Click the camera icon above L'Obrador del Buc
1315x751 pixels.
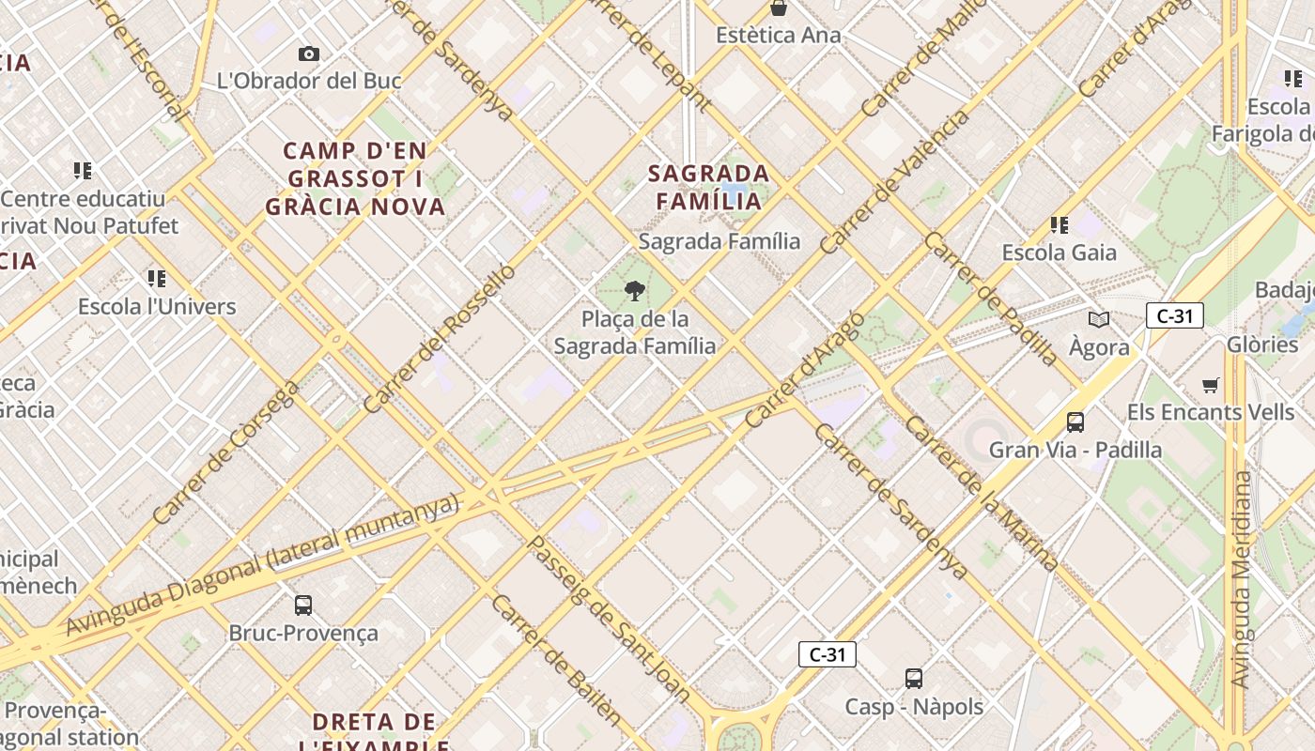[x=309, y=54]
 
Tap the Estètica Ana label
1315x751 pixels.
[x=778, y=35]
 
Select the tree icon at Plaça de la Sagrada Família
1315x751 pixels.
[x=635, y=290]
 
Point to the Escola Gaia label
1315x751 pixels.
[x=1059, y=253]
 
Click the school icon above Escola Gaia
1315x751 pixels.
[x=1060, y=225]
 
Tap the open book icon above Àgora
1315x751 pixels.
[x=1098, y=319]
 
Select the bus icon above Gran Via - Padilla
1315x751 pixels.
[x=1075, y=422]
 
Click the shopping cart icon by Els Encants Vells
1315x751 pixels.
[x=1211, y=385]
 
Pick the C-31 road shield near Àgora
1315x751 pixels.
[x=1174, y=315]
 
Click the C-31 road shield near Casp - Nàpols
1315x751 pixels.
[x=827, y=654]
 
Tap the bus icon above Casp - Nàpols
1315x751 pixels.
[x=914, y=679]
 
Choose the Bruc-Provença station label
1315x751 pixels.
[x=303, y=633]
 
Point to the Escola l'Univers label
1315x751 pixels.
[x=157, y=306]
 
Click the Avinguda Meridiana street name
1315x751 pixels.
[x=1242, y=579]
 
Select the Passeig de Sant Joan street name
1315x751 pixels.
[x=609, y=620]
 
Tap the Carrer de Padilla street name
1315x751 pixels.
[x=991, y=299]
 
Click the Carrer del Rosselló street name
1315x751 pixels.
[x=439, y=339]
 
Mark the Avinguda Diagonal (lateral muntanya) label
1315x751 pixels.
[x=263, y=564]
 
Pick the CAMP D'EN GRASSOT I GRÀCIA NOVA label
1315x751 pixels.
[x=355, y=178]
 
